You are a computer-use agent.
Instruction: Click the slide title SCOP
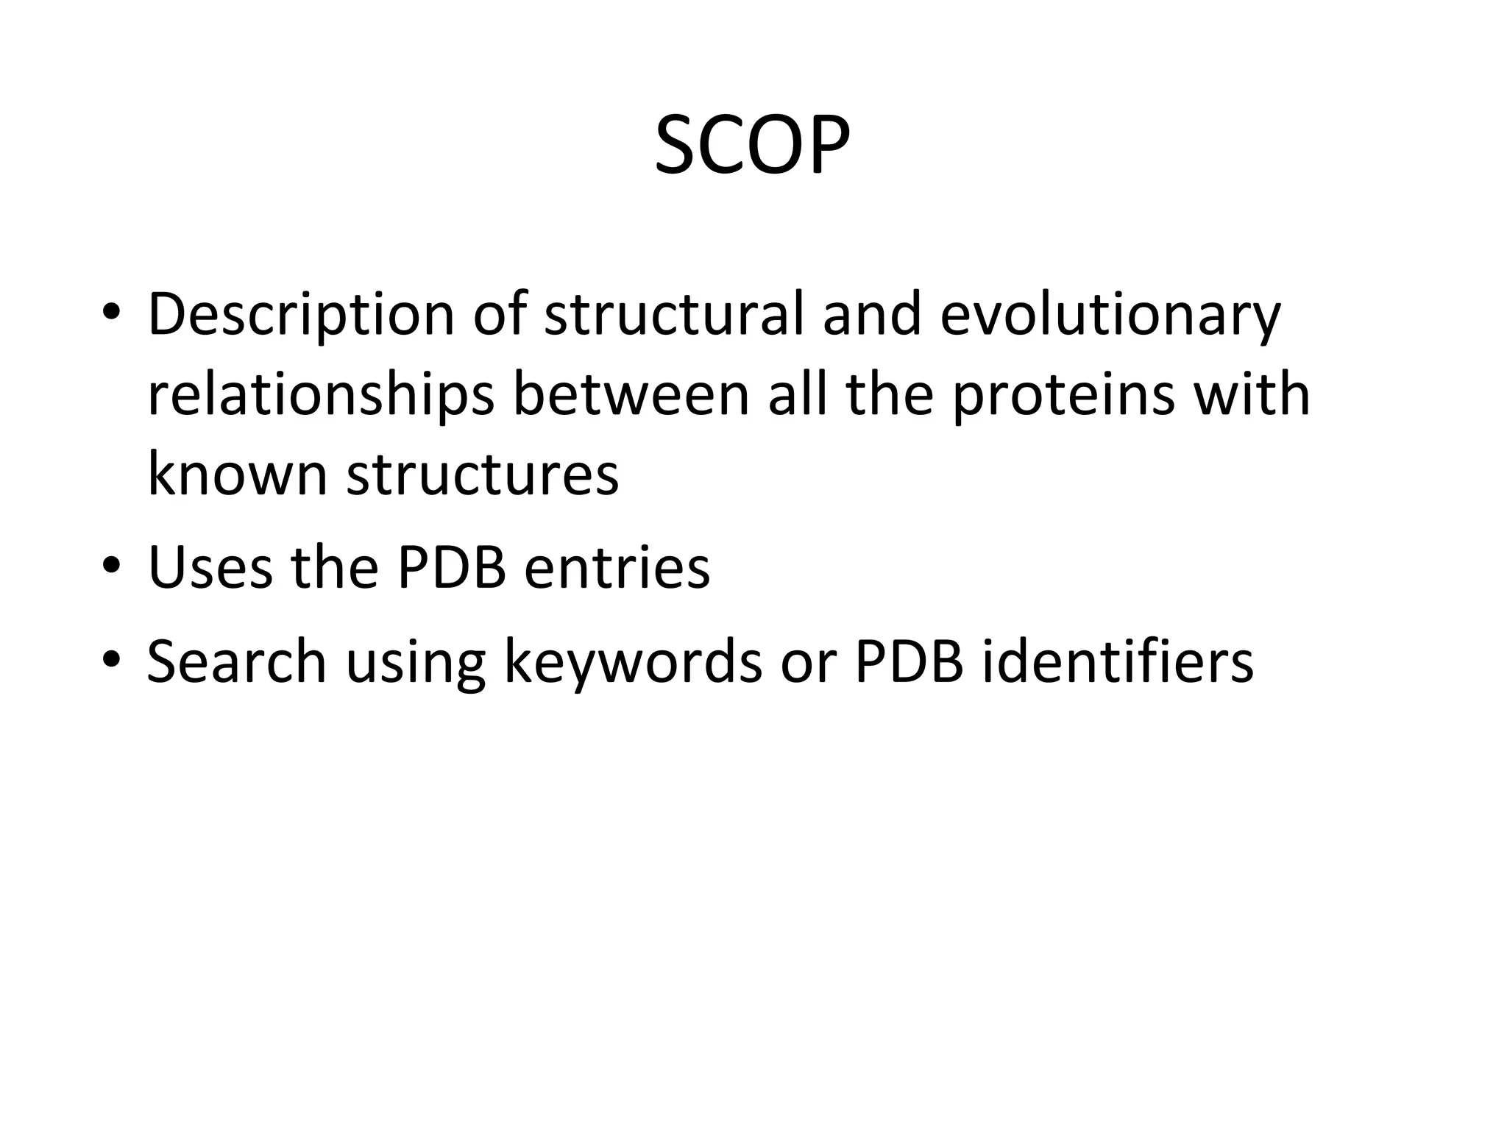(x=752, y=146)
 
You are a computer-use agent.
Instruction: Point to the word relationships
(x=321, y=396)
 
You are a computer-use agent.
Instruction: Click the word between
(x=631, y=394)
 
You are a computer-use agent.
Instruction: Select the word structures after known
(x=483, y=475)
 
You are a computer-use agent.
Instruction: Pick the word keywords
(x=633, y=662)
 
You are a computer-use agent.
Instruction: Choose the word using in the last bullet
(x=415, y=662)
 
